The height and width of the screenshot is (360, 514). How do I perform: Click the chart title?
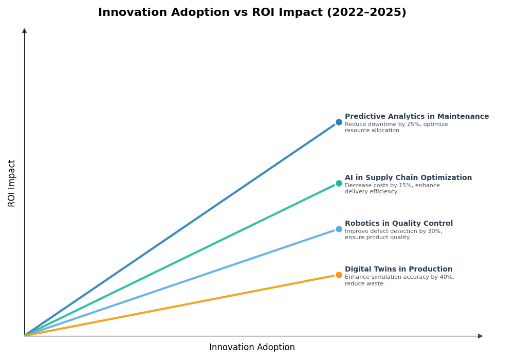click(252, 13)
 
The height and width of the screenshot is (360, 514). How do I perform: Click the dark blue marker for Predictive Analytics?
click(339, 122)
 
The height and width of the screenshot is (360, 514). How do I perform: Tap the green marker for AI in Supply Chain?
click(339, 184)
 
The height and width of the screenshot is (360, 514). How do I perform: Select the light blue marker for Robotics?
click(339, 229)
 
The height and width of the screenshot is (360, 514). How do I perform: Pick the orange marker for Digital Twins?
click(339, 275)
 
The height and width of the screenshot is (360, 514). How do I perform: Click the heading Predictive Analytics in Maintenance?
click(416, 117)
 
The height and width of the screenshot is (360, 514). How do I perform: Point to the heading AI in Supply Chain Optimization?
click(408, 178)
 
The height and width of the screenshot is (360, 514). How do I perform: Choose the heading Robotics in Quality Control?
click(398, 224)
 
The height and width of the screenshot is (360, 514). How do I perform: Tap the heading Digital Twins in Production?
click(398, 269)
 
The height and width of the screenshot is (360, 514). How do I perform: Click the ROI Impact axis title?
click(12, 183)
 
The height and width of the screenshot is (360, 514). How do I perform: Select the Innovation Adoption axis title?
click(252, 348)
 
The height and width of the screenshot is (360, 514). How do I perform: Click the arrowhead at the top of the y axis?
click(24, 31)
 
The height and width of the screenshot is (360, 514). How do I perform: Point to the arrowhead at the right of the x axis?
click(480, 336)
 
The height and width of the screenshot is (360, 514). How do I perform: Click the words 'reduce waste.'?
click(364, 284)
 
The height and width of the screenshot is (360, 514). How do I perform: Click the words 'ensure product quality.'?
click(377, 238)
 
